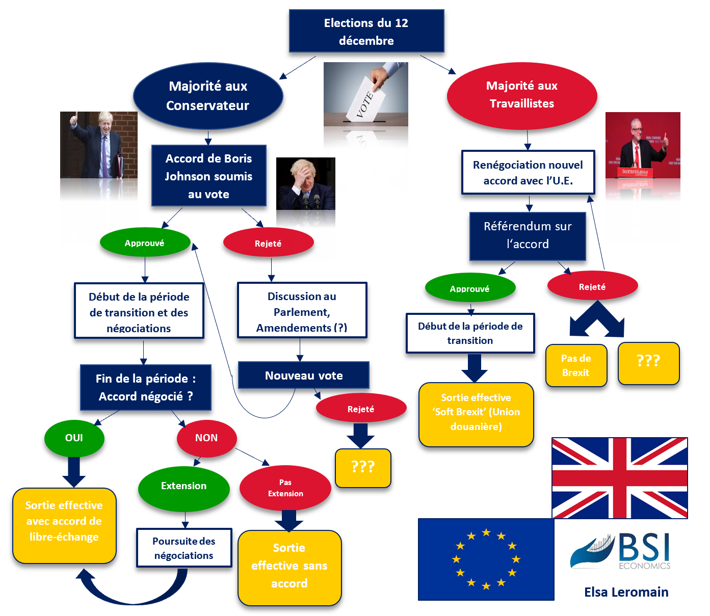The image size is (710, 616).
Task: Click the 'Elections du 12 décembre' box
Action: click(x=366, y=31)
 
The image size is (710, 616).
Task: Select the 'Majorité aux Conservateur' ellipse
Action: click(x=208, y=96)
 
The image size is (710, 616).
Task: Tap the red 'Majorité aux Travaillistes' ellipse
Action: click(x=521, y=95)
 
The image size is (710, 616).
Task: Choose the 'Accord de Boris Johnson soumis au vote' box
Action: click(x=208, y=176)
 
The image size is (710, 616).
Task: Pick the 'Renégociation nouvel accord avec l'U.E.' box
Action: click(x=528, y=172)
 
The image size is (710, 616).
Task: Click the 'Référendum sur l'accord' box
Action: click(x=528, y=235)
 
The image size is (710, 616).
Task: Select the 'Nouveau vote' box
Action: click(x=304, y=376)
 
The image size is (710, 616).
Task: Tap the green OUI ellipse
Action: click(x=74, y=438)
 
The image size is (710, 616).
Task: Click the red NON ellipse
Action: click(x=206, y=438)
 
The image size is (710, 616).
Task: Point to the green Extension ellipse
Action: click(x=183, y=486)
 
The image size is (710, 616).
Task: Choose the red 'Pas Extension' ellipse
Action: click(x=285, y=488)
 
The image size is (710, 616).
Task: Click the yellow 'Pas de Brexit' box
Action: click(x=576, y=365)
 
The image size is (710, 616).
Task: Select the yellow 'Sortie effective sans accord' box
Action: click(x=289, y=566)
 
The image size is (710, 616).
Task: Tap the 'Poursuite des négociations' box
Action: click(x=184, y=548)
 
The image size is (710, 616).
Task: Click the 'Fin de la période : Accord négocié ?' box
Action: click(x=146, y=388)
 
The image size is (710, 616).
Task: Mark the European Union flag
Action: click(x=486, y=559)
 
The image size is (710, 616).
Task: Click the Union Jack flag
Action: click(x=619, y=478)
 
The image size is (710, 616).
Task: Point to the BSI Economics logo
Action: click(x=620, y=551)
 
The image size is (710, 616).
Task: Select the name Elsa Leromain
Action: click(x=626, y=592)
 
